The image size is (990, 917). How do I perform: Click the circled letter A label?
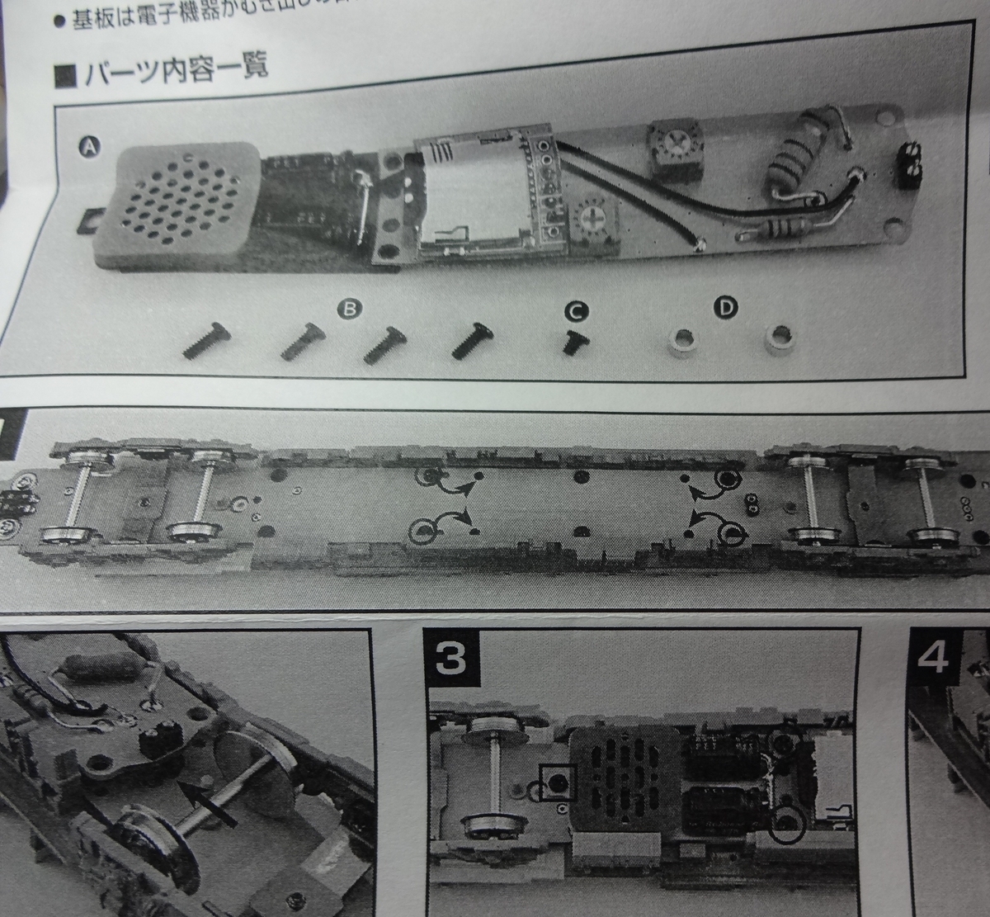click(88, 148)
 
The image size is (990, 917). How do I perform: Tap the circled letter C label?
click(575, 311)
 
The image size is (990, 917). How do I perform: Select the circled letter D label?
click(724, 309)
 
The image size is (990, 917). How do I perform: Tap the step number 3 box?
click(451, 657)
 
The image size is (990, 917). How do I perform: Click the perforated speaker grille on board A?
click(175, 202)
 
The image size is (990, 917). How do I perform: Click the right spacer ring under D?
click(777, 339)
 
